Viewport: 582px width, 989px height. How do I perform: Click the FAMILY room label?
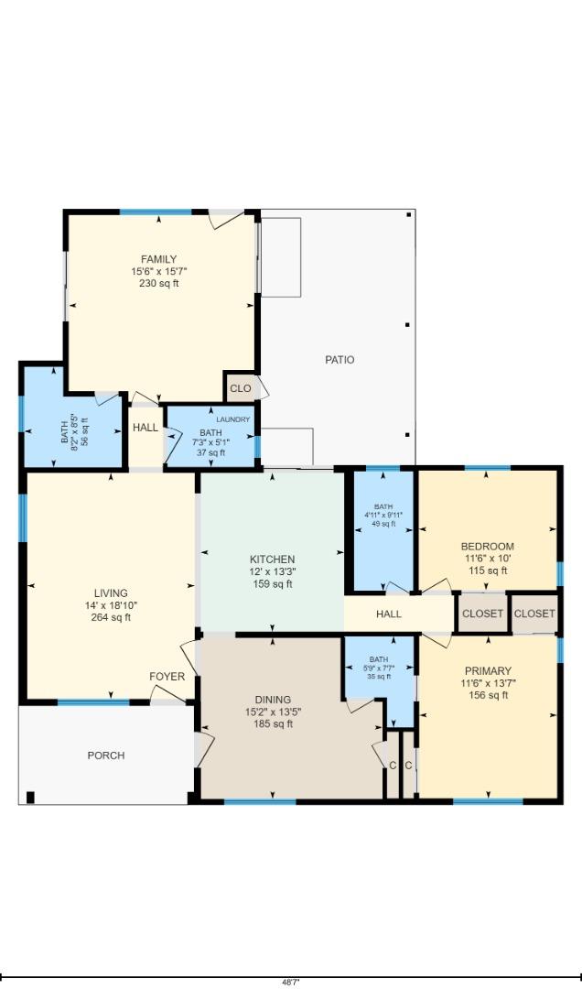tap(158, 259)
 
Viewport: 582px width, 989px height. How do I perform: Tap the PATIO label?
tap(339, 360)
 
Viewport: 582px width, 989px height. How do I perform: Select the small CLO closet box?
tap(240, 388)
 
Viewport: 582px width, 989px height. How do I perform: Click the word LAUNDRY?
tap(232, 419)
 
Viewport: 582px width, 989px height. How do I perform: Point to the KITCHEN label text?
tap(273, 560)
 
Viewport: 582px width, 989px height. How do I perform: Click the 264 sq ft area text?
tap(111, 617)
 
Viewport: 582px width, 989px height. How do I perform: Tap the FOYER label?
tap(167, 677)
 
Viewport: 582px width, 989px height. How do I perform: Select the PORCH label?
tap(106, 755)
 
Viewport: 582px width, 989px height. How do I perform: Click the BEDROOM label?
tap(487, 547)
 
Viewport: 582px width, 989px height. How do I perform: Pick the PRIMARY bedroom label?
tap(487, 671)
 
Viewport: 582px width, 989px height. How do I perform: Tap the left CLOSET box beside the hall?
tap(482, 614)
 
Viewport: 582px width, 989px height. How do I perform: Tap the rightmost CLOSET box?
tap(534, 614)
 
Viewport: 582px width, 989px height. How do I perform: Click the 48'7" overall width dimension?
tap(290, 982)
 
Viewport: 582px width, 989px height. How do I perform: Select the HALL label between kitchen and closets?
tap(389, 614)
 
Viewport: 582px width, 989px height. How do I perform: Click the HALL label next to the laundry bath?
tap(145, 428)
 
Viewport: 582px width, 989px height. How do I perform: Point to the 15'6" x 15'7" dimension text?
tap(158, 271)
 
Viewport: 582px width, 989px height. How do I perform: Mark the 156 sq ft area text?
tap(487, 696)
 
